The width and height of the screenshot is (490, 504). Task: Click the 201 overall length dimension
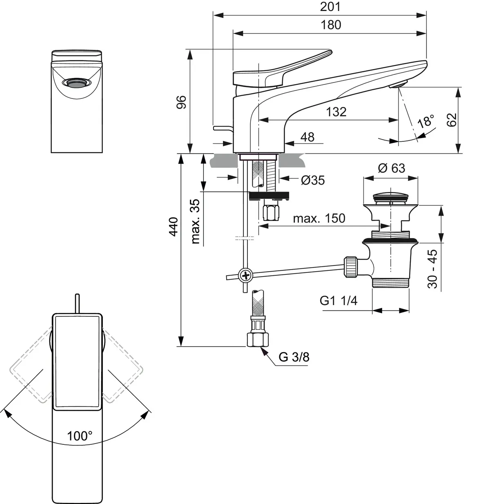[330, 7]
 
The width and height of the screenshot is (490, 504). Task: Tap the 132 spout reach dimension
[336, 112]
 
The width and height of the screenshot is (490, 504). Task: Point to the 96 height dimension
[182, 102]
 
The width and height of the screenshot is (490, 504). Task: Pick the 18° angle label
[426, 121]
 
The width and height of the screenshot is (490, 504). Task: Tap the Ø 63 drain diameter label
[391, 168]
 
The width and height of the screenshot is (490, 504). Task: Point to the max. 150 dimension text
[319, 218]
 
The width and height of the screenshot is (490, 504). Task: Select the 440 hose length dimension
[174, 227]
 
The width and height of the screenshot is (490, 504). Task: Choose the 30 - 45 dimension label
[432, 269]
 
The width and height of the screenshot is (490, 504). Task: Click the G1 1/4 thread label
[339, 301]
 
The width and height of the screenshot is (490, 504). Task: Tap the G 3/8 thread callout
[294, 357]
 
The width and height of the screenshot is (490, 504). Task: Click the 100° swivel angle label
[80, 436]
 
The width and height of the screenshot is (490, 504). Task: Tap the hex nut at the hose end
[258, 340]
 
